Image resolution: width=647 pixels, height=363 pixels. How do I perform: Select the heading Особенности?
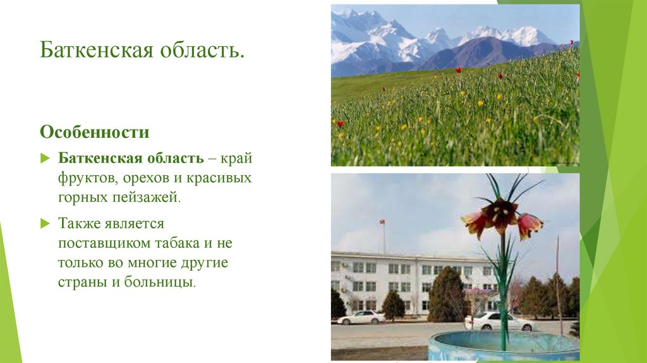coord(95,133)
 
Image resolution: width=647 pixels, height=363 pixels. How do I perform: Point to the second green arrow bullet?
coord(44,223)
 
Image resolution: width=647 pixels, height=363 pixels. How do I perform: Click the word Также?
coord(80,223)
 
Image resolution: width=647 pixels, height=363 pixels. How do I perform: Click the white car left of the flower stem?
coord(361,317)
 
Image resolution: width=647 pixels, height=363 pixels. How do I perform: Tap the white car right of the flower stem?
coord(499,322)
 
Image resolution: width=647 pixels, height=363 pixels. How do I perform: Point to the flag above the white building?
coord(381,223)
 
